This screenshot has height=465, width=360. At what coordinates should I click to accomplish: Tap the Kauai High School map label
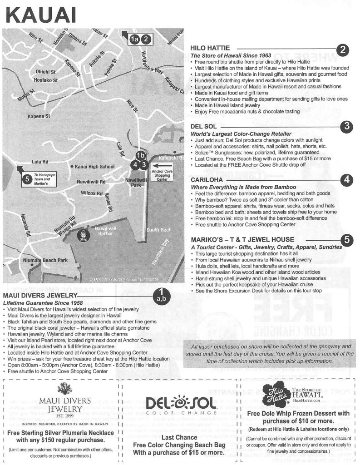(x=94, y=167)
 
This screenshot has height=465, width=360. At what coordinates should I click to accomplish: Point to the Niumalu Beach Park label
(x=45, y=261)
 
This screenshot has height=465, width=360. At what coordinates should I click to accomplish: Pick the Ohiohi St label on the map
(x=45, y=72)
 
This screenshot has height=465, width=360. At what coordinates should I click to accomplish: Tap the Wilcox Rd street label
(x=92, y=193)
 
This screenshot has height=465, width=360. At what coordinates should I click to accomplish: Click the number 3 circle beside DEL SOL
(x=347, y=126)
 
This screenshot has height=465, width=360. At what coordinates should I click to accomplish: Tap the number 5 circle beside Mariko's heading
(x=347, y=239)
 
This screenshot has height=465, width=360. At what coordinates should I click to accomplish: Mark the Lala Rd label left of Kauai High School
(x=40, y=161)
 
